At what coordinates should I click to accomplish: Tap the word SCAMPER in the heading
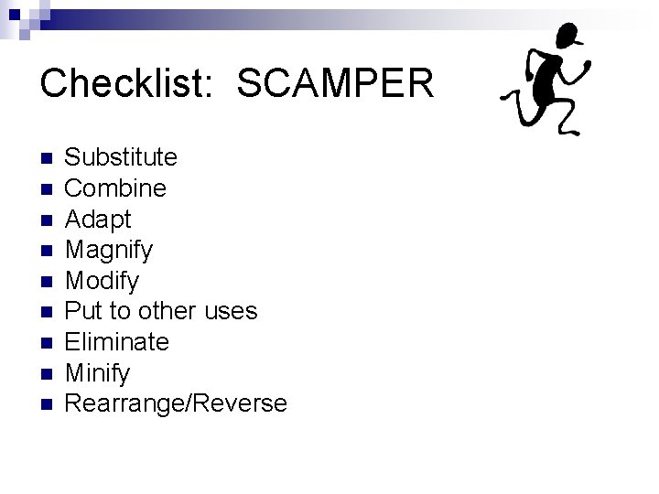click(335, 84)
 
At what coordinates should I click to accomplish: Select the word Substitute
click(122, 157)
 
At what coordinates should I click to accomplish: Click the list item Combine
click(116, 188)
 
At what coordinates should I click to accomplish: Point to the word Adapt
click(99, 220)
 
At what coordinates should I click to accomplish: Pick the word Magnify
click(110, 250)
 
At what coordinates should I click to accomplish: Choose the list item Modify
click(103, 281)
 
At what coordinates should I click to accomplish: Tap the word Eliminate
click(117, 342)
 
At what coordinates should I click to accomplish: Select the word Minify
click(98, 373)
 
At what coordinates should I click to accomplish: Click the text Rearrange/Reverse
click(177, 403)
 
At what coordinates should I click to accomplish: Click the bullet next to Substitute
click(47, 158)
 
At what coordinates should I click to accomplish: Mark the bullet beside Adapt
click(47, 220)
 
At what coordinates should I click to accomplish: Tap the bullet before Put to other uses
click(47, 312)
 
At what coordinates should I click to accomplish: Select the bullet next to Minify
click(47, 373)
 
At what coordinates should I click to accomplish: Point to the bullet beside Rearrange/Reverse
click(47, 404)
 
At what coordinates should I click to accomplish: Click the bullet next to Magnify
click(47, 251)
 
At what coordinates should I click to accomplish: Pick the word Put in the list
click(84, 311)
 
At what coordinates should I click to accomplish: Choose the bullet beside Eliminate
click(47, 343)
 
